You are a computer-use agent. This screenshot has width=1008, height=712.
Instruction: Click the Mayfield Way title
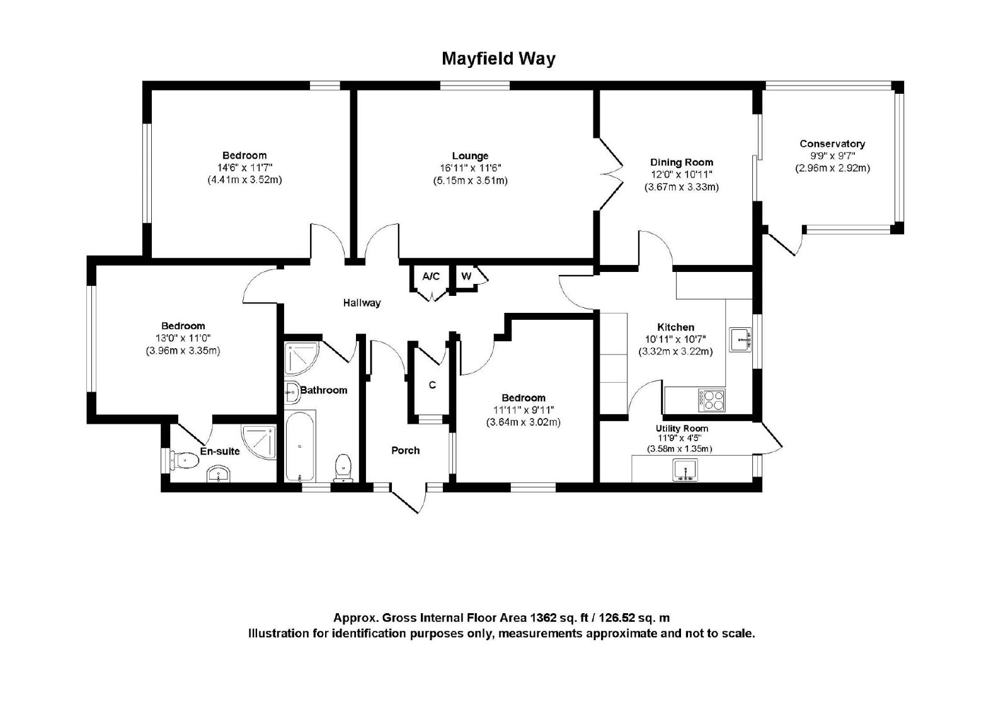[498, 59]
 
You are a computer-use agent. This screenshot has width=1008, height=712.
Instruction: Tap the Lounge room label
[470, 156]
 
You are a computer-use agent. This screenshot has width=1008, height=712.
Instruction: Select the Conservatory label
[832, 144]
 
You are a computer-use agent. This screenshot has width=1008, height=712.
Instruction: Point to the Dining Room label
[681, 162]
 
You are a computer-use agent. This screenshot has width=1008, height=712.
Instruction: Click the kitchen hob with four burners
[711, 400]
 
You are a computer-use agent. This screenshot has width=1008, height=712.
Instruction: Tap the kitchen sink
[740, 339]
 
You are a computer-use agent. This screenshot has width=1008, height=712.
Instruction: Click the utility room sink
[685, 470]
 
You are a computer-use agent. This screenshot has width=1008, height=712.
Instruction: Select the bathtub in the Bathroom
[300, 446]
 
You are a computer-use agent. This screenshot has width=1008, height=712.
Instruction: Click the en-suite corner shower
[259, 443]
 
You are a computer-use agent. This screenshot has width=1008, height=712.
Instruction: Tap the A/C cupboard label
[431, 276]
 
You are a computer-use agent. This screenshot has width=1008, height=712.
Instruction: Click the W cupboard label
[466, 276]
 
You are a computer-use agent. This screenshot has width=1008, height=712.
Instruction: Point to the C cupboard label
[432, 385]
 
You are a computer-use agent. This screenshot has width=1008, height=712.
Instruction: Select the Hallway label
[362, 303]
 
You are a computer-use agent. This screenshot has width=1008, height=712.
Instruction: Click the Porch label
[406, 450]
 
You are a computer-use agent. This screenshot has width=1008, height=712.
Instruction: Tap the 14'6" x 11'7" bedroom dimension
[245, 167]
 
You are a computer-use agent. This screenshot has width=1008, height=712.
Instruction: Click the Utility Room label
[682, 429]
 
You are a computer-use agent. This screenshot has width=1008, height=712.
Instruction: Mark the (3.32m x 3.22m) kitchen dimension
[675, 351]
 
